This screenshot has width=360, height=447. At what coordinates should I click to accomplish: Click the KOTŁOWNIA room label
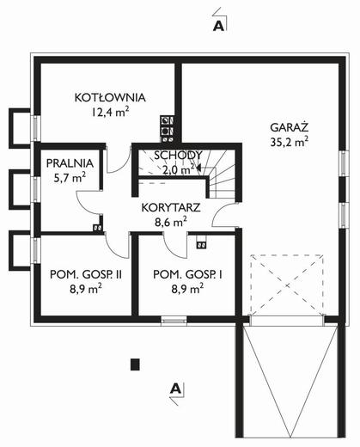tap(108, 97)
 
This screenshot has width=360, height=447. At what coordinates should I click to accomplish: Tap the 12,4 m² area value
tap(109, 112)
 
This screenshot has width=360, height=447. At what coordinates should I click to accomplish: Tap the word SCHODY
tap(178, 156)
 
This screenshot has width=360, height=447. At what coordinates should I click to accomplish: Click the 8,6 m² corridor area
tap(170, 222)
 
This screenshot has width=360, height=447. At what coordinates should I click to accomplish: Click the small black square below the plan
tap(133, 364)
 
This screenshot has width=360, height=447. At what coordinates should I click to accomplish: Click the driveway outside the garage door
tap(284, 387)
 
